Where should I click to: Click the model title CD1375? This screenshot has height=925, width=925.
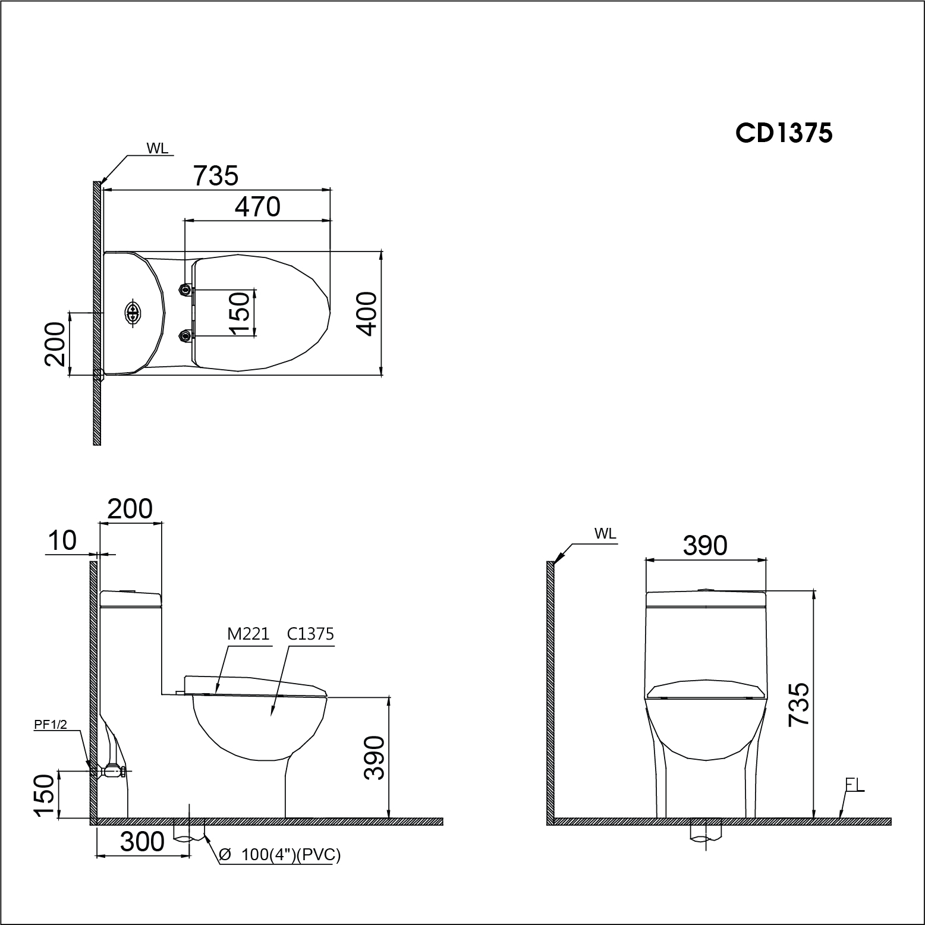click(784, 133)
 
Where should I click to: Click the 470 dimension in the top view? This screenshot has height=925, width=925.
click(257, 206)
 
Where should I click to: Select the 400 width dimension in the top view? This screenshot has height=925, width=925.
click(368, 313)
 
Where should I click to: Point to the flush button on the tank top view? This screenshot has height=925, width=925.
click(133, 313)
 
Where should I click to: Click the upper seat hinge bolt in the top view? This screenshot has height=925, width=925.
click(186, 290)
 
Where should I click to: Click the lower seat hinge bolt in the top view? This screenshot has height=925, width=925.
click(186, 336)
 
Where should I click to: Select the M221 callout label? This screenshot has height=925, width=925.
click(248, 634)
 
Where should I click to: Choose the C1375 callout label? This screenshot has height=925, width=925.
click(310, 634)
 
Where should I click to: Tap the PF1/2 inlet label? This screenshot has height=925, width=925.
click(51, 723)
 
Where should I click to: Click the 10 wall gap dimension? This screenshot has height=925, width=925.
click(62, 541)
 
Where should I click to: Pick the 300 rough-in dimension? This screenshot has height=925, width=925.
click(142, 842)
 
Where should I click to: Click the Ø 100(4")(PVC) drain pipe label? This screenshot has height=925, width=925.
click(279, 855)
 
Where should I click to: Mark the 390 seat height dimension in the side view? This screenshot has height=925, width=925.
click(375, 757)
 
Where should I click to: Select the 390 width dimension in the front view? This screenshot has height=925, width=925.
click(705, 545)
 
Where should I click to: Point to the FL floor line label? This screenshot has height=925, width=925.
click(854, 785)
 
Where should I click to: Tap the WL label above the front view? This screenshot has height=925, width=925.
click(605, 533)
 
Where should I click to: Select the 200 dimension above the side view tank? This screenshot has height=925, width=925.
click(130, 509)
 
